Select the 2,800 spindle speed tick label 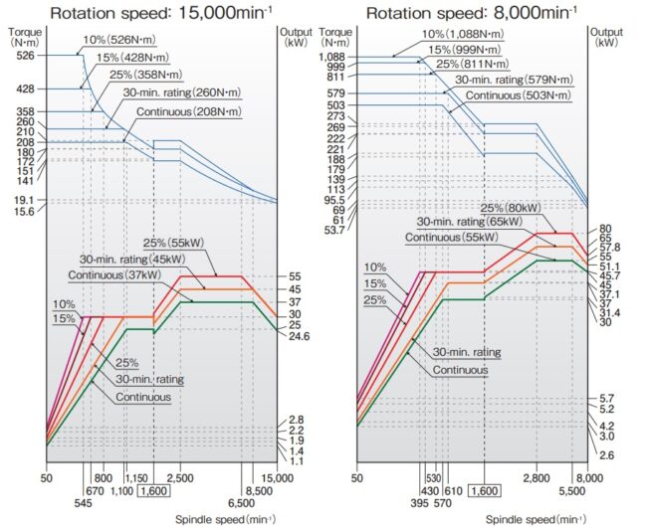(x=536, y=478)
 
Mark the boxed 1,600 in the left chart (x=154, y=491)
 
